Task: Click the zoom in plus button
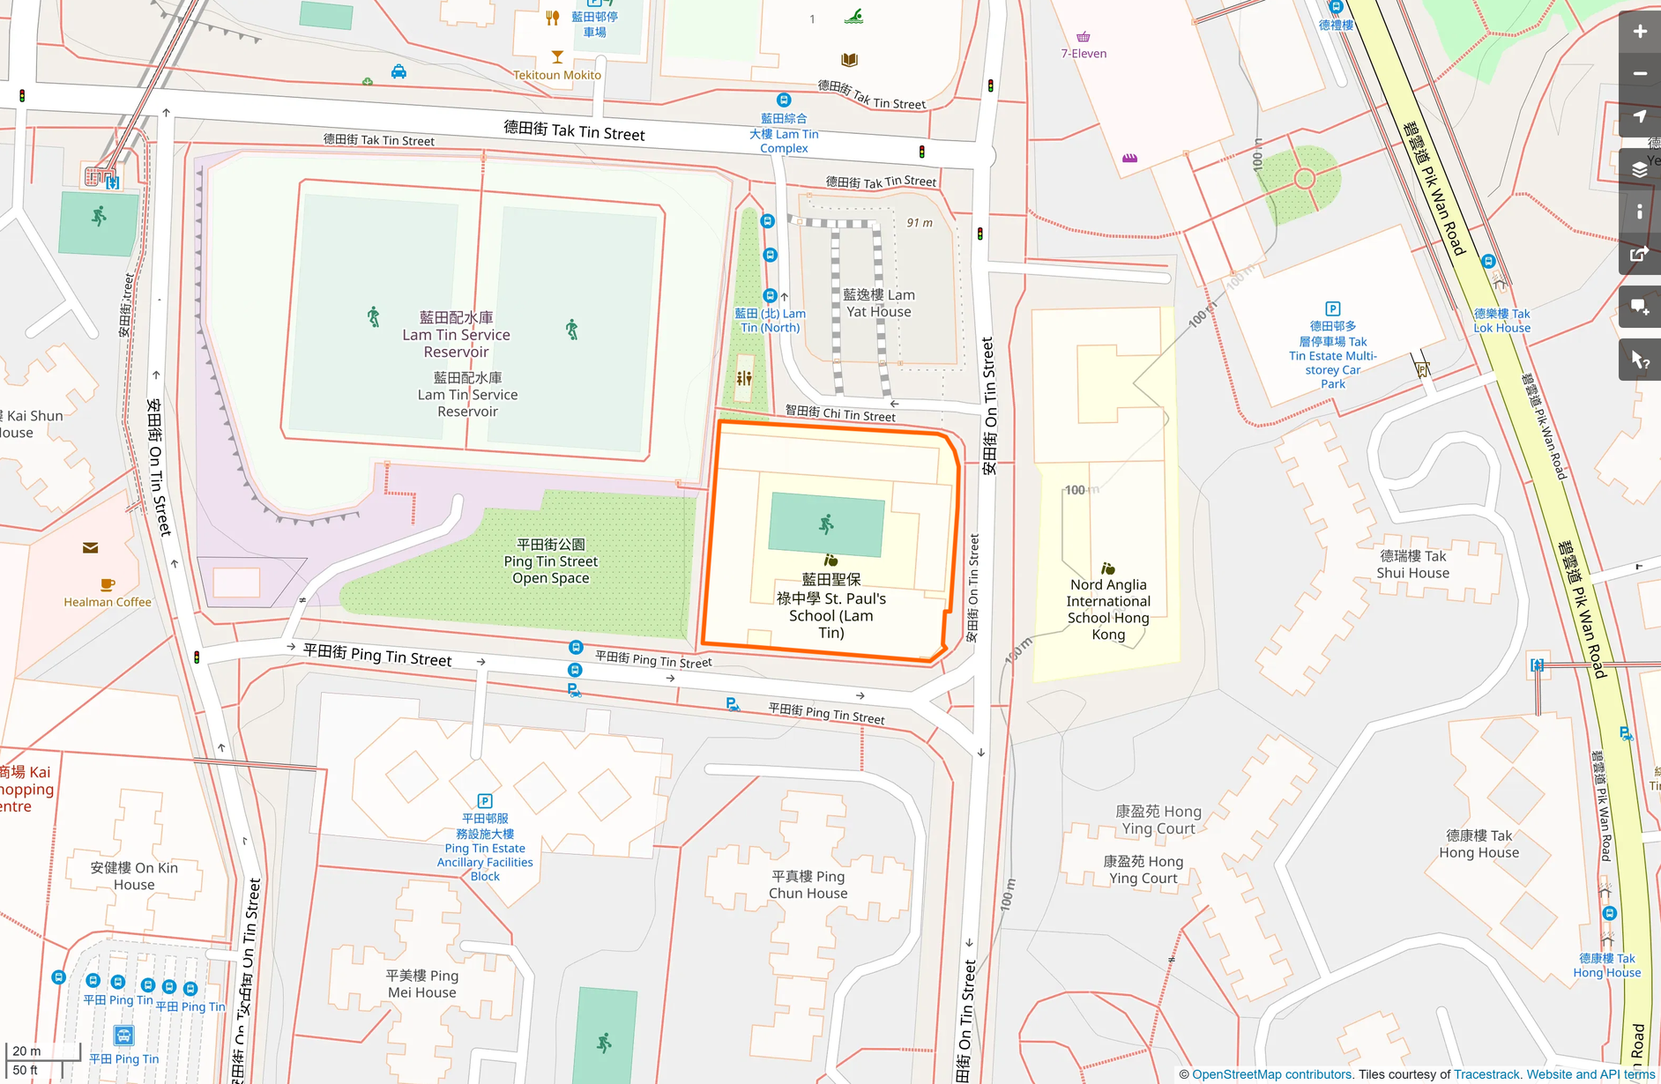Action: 1640,33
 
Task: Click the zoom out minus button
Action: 1640,74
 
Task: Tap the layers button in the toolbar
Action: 1640,170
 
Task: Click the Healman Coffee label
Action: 108,602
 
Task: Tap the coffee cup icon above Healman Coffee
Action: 108,584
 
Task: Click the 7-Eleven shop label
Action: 1084,54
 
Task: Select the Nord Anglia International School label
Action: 1108,609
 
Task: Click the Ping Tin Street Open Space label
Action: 551,561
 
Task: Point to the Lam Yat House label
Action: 878,303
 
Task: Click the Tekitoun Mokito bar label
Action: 557,75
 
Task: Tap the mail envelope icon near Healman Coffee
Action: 90,548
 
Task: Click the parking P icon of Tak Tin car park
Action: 1333,309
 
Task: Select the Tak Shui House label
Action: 1413,564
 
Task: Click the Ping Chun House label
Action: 808,885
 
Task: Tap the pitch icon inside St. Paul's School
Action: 826,525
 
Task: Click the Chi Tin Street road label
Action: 840,413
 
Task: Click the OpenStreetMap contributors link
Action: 1271,1074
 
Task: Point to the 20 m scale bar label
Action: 27,1051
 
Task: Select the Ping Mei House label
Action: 422,984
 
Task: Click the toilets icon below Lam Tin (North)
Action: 744,378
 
